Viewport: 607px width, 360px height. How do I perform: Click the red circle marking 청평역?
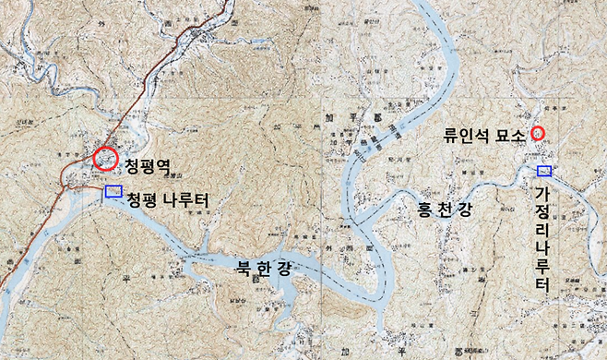(x=106, y=159)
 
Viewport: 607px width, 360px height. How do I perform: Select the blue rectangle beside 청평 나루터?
(x=113, y=191)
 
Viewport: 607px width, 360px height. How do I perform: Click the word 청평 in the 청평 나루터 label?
(x=142, y=198)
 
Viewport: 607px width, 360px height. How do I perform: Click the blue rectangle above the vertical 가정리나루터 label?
(x=544, y=171)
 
